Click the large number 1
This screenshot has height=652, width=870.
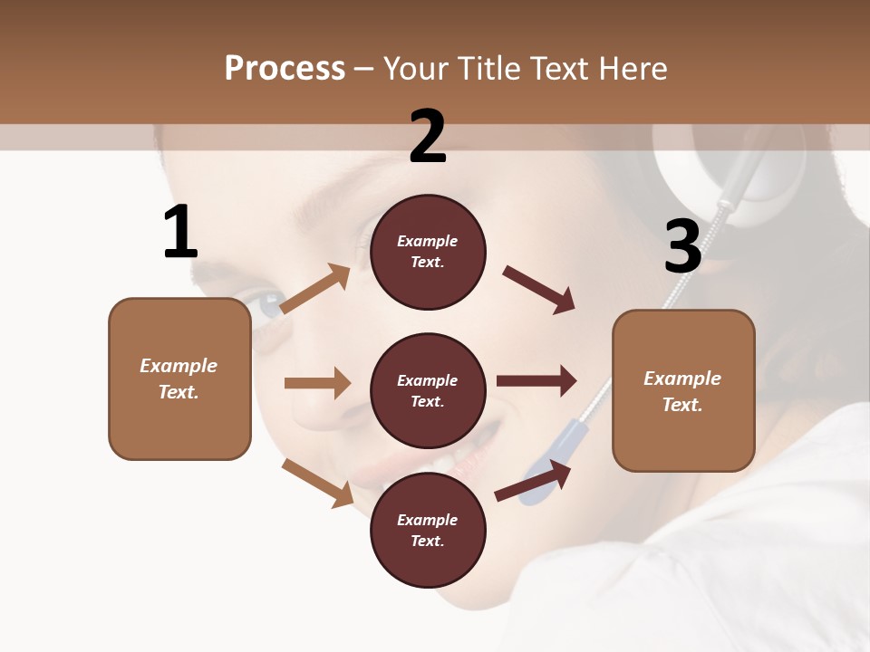[x=180, y=233]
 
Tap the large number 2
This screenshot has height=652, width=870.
[x=428, y=137]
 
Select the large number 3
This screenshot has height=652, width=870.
[x=682, y=247]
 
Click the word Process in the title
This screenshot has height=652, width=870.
[x=285, y=68]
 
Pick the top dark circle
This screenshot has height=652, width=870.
[x=428, y=252]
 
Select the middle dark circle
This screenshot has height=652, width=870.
[x=428, y=391]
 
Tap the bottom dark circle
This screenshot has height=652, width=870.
[x=428, y=531]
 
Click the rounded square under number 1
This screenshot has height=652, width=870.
[x=179, y=379]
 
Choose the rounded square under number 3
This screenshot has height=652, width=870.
[x=683, y=391]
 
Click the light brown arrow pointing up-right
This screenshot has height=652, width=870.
[x=315, y=289]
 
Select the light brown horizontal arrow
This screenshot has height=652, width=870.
[x=317, y=383]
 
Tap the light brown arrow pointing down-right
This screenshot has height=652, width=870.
[x=317, y=483]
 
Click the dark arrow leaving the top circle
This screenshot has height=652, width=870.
[x=539, y=291]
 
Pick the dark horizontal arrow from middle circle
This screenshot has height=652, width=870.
[x=536, y=380]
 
